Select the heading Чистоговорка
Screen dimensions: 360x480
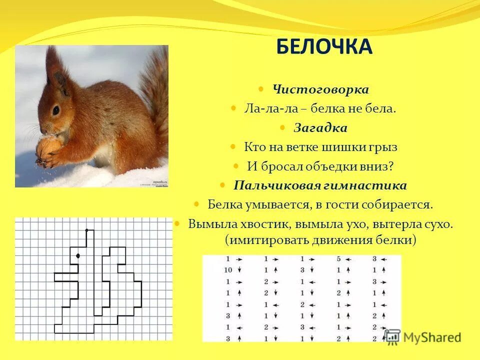click(320, 89)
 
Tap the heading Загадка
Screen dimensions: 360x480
click(320, 128)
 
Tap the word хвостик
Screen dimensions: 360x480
click(259, 224)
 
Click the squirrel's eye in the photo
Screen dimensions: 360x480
click(56, 110)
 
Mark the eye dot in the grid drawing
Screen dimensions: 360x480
click(78, 256)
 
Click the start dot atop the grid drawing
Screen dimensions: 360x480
click(86, 230)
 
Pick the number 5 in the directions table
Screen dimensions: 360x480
click(339, 259)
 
